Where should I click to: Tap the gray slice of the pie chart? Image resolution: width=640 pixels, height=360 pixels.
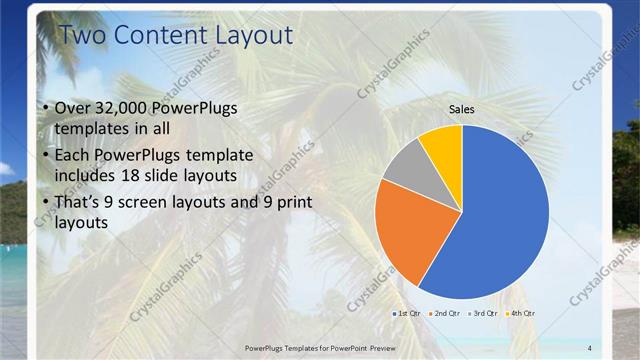(407, 166)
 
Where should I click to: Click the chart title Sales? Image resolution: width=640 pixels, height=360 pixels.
(461, 109)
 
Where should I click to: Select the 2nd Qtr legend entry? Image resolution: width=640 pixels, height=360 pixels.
(444, 314)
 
